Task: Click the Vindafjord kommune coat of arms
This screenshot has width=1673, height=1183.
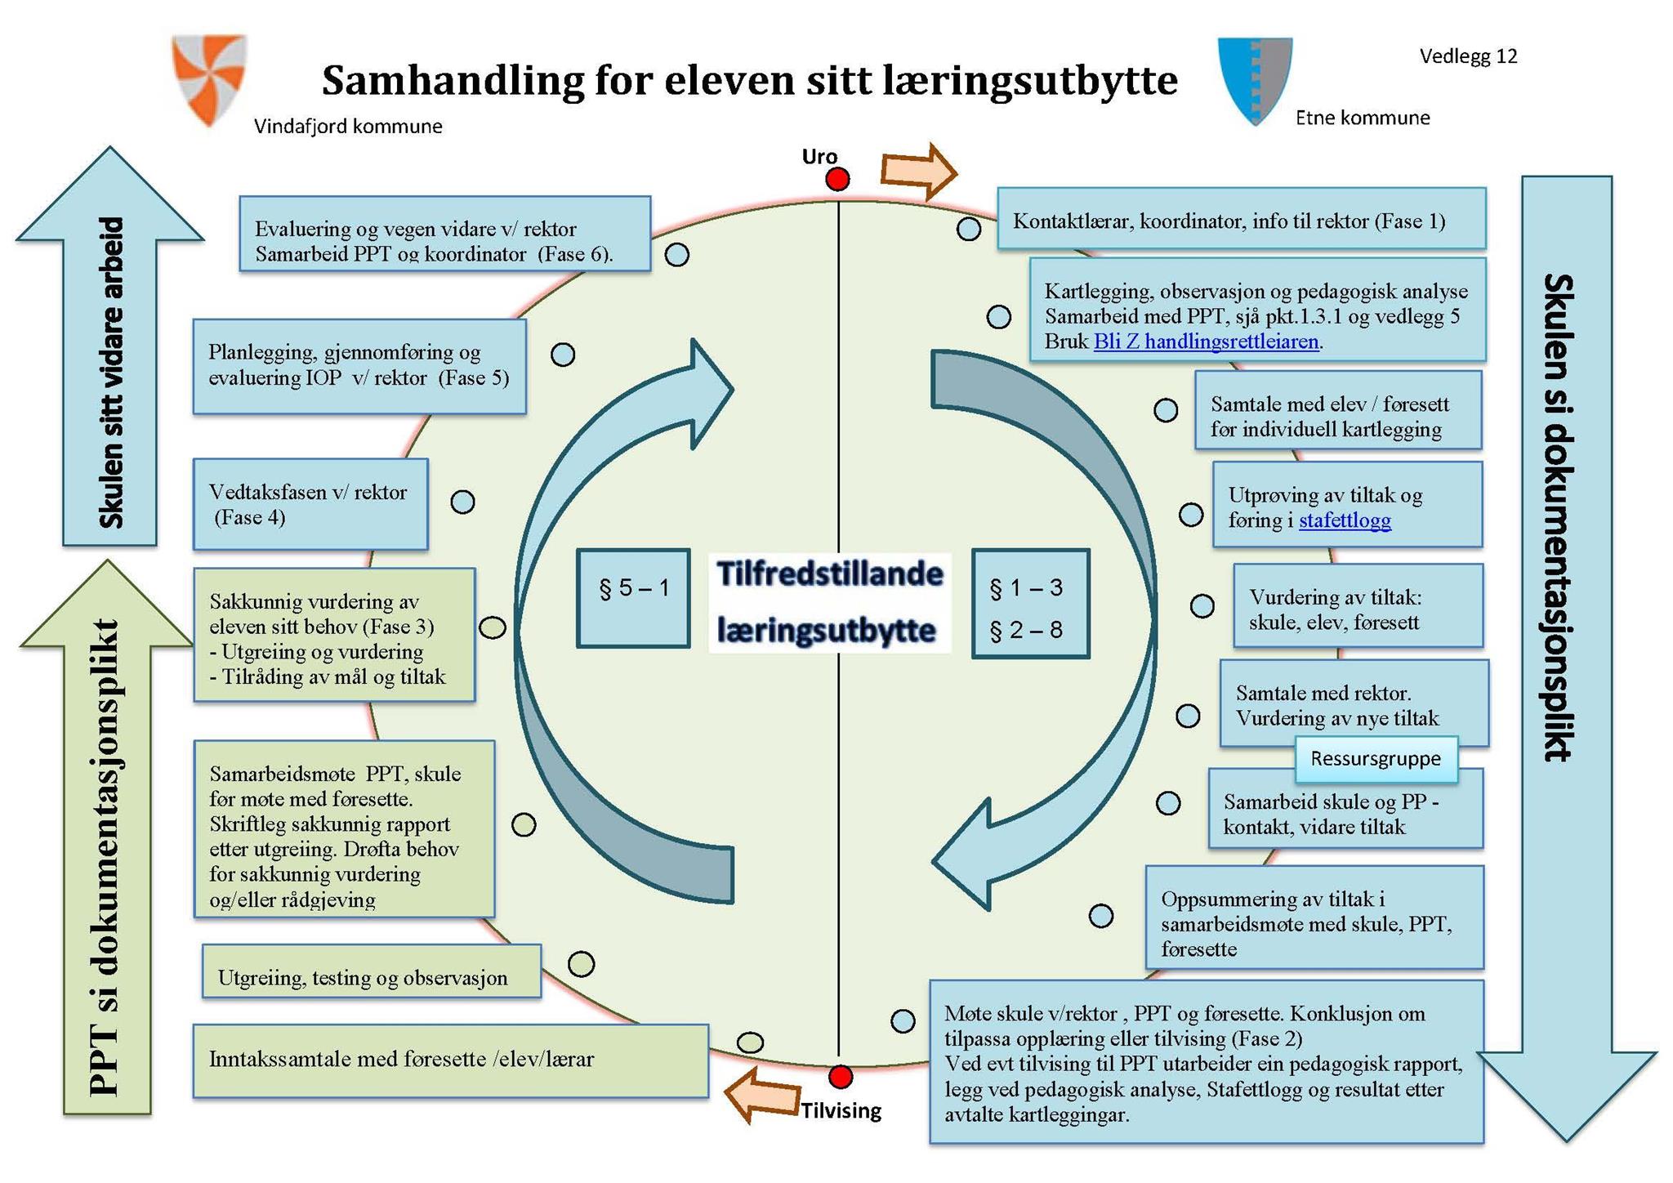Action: point(209,78)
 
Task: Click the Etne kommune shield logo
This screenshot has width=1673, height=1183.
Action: point(1255,79)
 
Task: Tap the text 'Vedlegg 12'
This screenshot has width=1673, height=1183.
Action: point(1468,56)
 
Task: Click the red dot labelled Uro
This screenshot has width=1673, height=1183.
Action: point(837,179)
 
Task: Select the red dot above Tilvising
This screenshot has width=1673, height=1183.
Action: point(841,1077)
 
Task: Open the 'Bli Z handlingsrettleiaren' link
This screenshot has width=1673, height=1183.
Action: point(1206,342)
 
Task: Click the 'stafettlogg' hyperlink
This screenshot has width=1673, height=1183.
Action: point(1345,520)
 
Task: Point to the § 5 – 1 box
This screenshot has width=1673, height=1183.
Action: point(633,598)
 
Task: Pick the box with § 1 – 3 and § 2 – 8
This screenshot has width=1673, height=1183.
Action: point(1030,604)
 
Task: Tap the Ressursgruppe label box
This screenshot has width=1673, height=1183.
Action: point(1376,758)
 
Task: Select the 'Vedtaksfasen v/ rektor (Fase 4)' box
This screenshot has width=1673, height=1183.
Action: point(310,504)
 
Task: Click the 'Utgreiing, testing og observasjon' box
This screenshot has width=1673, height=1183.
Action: point(372,971)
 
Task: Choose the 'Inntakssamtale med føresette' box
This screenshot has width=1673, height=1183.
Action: point(450,1060)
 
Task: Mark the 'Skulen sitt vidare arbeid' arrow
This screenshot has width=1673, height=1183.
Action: point(110,359)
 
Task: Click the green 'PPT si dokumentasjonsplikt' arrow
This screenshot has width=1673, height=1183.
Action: point(107,850)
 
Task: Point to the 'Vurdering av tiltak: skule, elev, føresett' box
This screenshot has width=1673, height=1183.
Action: point(1358,606)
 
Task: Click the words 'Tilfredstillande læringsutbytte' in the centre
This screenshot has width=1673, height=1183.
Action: point(830,601)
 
